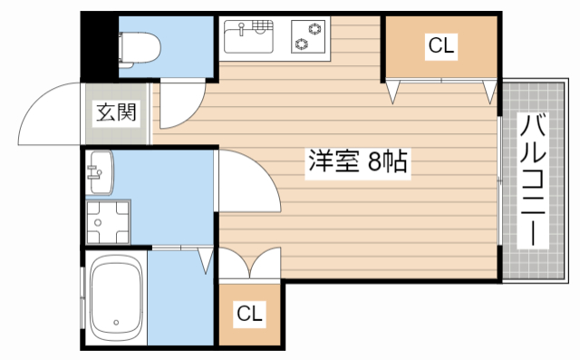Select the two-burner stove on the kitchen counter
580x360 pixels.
308,37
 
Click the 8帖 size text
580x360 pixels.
385,162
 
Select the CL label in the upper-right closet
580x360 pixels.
441,46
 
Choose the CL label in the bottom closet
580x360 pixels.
250,314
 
